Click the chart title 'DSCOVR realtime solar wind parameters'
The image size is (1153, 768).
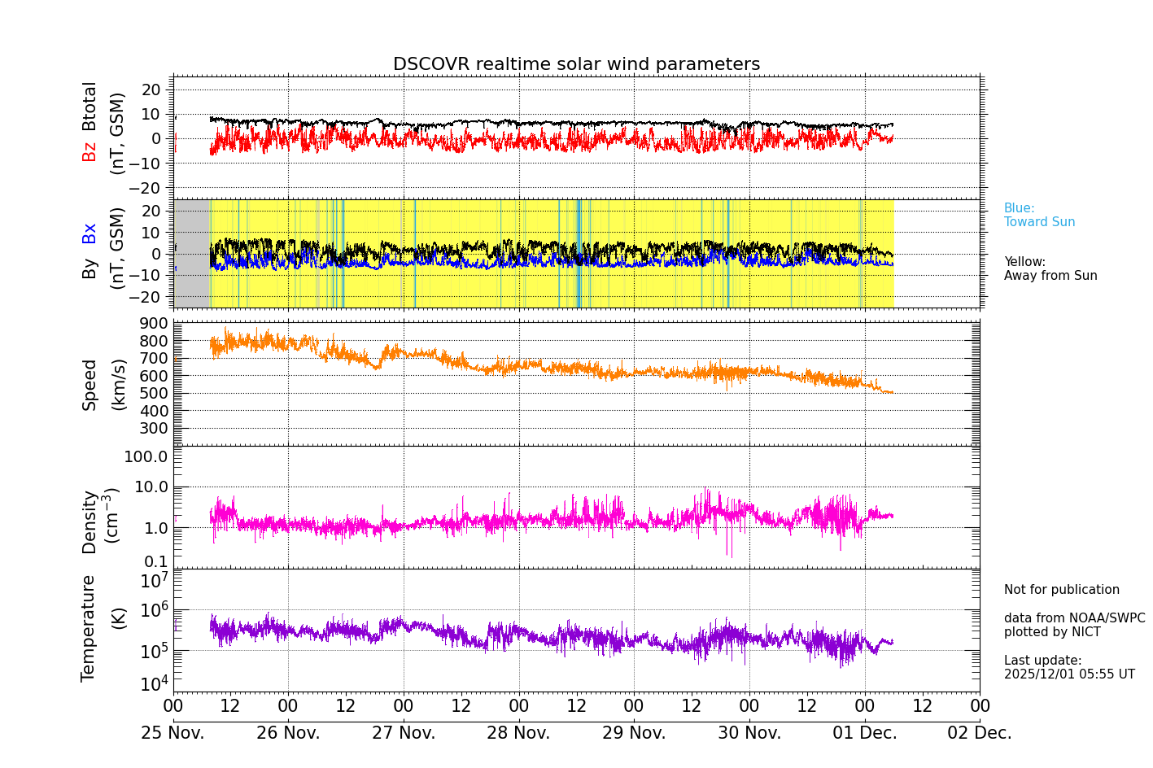576,64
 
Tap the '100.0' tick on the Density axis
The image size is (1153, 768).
146,456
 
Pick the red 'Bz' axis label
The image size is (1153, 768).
90,151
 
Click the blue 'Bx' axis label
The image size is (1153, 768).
90,233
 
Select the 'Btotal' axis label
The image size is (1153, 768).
90,106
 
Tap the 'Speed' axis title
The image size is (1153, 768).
90,385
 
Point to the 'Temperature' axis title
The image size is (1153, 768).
89,628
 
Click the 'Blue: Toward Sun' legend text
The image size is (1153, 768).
1039,216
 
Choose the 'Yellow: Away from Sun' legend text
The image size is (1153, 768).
1050,269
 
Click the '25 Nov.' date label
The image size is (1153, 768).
173,733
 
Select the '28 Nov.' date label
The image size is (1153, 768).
518,733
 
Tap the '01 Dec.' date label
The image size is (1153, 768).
864,733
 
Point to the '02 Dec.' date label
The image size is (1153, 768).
980,733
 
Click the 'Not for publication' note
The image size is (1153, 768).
1061,590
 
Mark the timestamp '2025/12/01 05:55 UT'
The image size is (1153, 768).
1069,674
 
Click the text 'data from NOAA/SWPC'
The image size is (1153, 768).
1074,618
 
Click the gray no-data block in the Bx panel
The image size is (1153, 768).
192,254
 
